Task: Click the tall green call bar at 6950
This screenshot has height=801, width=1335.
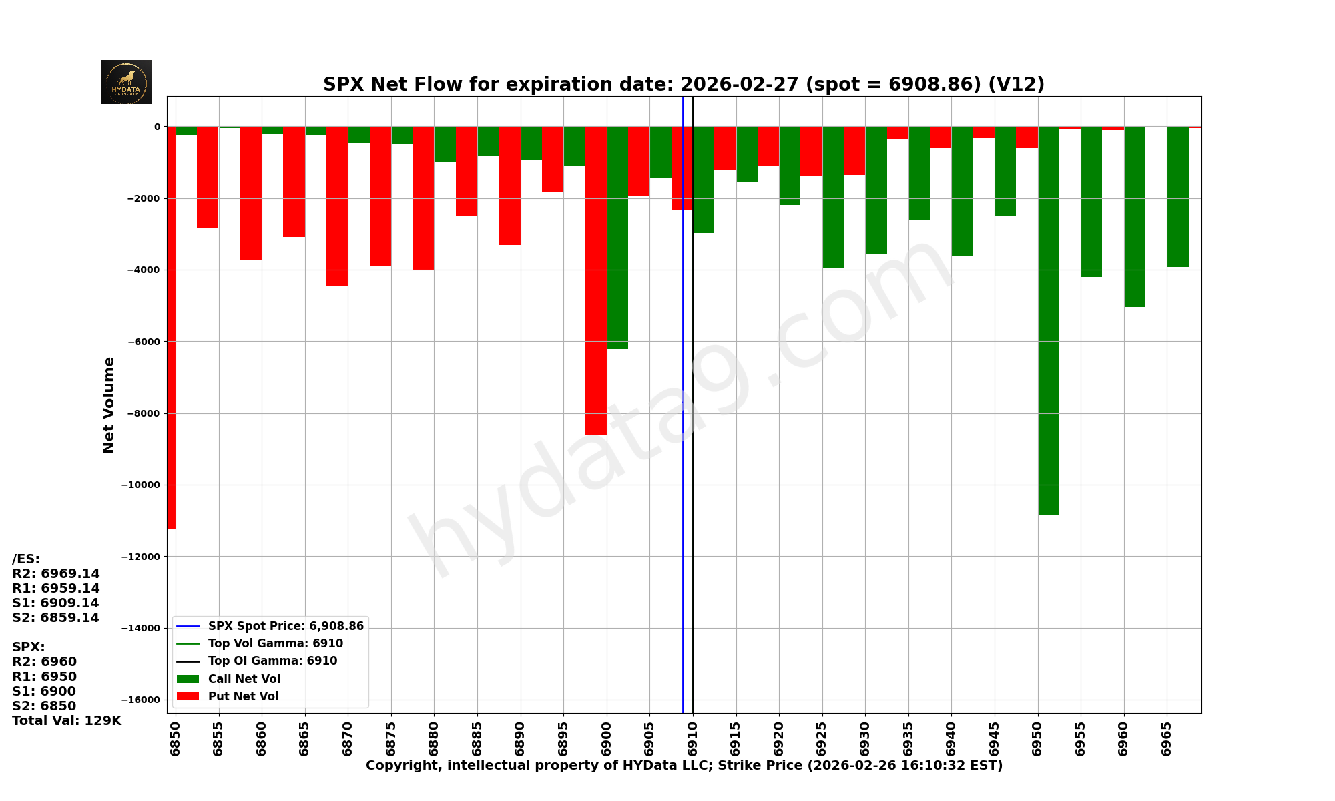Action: coord(1049,320)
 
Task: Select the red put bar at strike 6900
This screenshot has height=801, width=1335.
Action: coord(595,280)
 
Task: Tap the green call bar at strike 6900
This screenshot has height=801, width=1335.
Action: coord(617,238)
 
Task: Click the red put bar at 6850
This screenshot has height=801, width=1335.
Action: coord(172,327)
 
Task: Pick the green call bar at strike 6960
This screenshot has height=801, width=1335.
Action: coord(1135,217)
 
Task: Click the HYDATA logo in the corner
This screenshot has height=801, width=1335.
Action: coord(126,82)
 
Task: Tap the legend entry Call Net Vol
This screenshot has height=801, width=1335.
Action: coord(244,679)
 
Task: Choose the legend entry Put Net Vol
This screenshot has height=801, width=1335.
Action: coord(243,696)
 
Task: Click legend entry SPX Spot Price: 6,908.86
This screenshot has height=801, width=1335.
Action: coord(286,626)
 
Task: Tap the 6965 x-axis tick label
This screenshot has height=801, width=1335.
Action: coord(1167,738)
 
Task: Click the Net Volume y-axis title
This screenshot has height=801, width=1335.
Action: coord(109,405)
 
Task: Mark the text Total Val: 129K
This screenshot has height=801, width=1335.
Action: coord(67,720)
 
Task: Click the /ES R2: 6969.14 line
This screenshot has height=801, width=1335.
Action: coord(56,573)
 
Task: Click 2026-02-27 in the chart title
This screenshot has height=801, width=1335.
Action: coord(739,85)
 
